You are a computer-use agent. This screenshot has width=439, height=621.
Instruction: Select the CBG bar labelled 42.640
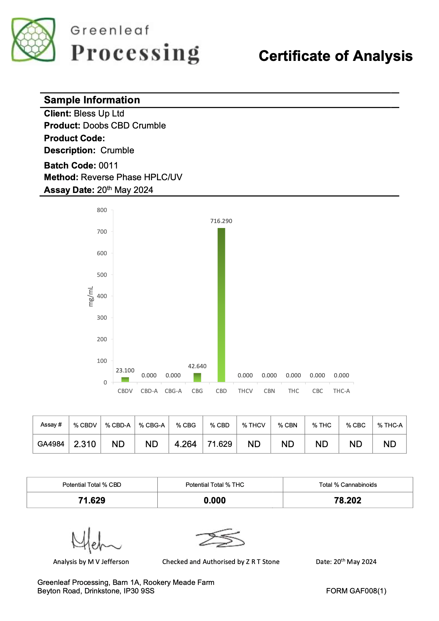[x=197, y=377]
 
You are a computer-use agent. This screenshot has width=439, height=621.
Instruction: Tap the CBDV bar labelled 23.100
[x=125, y=380]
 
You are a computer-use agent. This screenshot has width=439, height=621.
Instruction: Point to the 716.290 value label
[x=221, y=221]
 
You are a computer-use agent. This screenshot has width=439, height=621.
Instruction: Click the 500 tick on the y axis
[x=102, y=275]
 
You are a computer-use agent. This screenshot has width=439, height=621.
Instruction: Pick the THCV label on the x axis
[x=245, y=391]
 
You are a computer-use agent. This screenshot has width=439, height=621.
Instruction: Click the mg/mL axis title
[x=91, y=296]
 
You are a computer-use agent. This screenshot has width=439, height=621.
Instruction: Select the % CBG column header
[x=186, y=425]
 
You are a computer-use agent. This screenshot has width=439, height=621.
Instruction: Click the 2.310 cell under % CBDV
[x=85, y=444]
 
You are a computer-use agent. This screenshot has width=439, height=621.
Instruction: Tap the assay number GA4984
[x=51, y=444]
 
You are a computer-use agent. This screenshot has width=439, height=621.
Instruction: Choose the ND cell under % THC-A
[x=389, y=444]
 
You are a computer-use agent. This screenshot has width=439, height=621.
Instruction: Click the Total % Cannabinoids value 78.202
[x=348, y=500]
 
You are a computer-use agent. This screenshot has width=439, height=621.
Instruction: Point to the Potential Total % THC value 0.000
[x=215, y=500]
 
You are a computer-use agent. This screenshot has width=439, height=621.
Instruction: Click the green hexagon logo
[x=33, y=39]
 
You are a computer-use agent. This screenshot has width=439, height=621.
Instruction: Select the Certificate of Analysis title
[x=336, y=56]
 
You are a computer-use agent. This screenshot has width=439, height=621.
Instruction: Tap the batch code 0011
[x=108, y=165]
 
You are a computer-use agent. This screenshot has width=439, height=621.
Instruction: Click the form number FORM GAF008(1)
[x=356, y=591]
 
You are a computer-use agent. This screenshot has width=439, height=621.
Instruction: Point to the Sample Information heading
[x=92, y=100]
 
